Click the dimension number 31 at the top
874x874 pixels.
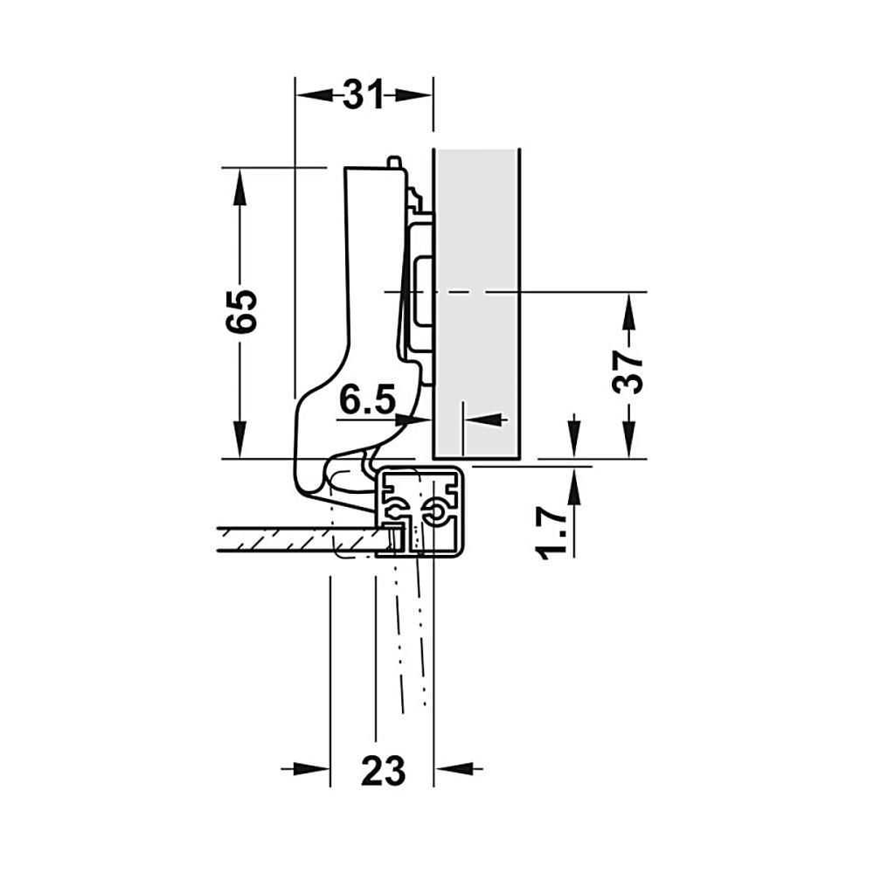click(363, 94)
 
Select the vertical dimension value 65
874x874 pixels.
click(241, 311)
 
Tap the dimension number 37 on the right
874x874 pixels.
click(628, 372)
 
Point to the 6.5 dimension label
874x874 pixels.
click(367, 399)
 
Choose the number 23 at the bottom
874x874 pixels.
click(383, 771)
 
